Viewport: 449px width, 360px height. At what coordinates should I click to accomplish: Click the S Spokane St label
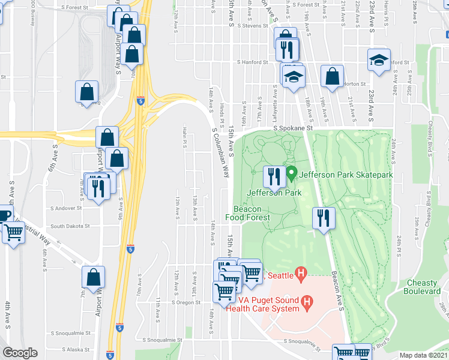[x=294, y=128]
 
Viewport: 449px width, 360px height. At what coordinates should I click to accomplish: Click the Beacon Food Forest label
[x=247, y=213]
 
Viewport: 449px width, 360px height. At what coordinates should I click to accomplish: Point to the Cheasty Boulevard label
[x=423, y=287]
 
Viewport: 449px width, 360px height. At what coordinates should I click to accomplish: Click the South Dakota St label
[x=70, y=226]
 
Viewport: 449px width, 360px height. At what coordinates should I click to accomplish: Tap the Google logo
[x=20, y=353]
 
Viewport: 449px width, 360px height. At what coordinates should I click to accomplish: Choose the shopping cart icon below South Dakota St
[x=13, y=233]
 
